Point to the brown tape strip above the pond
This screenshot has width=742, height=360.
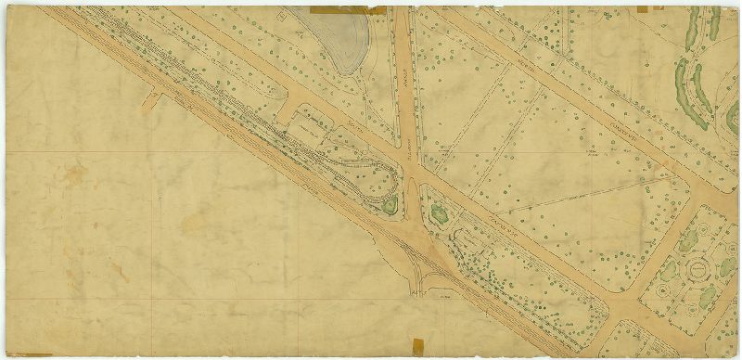(x=347, y=10)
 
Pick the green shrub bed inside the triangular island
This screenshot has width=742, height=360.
(x=439, y=213)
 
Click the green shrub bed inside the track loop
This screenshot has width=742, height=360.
(x=390, y=205)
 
